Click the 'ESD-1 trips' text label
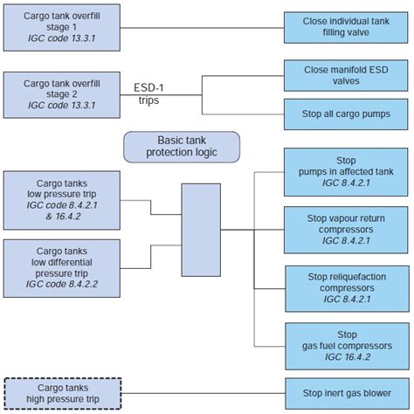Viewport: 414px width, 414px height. pyautogui.click(x=150, y=93)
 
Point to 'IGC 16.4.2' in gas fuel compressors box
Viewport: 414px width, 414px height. pyautogui.click(x=348, y=356)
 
